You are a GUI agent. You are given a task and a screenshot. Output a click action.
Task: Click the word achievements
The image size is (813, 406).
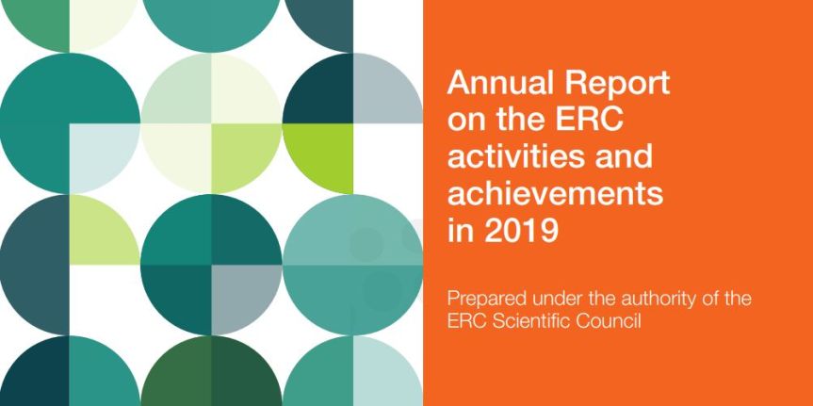556,194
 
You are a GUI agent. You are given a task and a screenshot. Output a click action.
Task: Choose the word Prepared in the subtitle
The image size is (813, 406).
486,300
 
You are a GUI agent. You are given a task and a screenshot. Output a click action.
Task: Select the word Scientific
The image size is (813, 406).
531,322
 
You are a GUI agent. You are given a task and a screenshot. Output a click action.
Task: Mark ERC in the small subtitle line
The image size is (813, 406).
464,322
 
